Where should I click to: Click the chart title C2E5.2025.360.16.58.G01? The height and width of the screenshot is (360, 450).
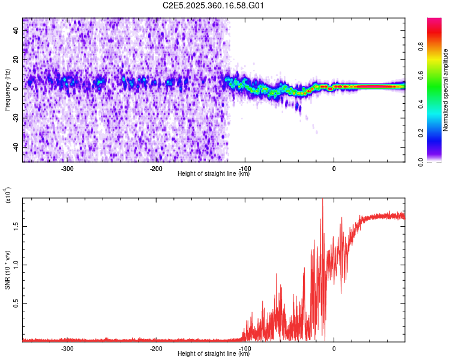(214, 6)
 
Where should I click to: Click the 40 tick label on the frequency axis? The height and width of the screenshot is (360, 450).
(17, 30)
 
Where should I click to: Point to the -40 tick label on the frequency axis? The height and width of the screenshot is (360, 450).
(17, 147)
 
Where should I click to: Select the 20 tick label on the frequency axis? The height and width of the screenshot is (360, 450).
(17, 59)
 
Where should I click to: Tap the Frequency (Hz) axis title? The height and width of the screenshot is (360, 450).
(7, 90)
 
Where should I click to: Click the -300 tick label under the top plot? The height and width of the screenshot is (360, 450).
(67, 169)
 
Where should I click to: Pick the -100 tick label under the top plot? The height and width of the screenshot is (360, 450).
(245, 169)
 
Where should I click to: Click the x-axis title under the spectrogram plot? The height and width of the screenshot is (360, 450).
(214, 174)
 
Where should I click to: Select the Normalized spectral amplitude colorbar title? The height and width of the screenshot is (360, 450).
(445, 90)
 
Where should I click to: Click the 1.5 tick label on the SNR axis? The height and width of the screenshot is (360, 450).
(17, 226)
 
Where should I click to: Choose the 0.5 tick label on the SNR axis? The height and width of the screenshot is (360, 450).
(17, 304)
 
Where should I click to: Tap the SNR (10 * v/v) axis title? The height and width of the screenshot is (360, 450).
(7, 270)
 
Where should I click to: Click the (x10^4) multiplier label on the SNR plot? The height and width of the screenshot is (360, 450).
(7, 195)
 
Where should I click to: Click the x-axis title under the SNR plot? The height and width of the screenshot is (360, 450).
(214, 354)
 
